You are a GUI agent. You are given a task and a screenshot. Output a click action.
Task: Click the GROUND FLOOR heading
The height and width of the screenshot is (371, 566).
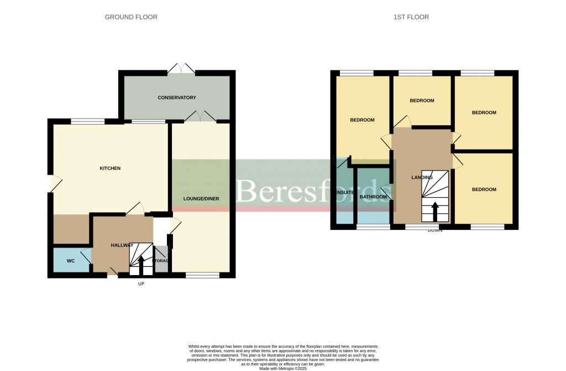[131, 17]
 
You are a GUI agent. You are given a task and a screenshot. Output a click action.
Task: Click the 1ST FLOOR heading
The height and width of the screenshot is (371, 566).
[411, 17]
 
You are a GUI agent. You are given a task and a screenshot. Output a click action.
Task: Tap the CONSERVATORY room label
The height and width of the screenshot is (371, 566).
[177, 98]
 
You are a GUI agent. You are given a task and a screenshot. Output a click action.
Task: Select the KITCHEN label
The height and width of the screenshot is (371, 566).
[110, 168]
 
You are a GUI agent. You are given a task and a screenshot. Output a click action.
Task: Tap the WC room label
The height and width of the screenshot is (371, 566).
[71, 260]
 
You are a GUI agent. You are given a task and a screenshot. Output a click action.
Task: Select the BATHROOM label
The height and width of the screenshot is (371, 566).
[373, 197]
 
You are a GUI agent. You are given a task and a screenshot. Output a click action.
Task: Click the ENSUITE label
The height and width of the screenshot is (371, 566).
[344, 193]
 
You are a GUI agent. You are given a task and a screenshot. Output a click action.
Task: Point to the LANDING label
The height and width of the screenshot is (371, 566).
[422, 178]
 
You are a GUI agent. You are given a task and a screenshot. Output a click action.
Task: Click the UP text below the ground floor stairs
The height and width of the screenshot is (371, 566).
[141, 284]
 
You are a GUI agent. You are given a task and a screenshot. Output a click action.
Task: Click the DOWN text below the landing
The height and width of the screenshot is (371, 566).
[434, 230]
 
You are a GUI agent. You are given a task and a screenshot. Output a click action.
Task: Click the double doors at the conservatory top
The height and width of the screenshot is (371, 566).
[181, 69]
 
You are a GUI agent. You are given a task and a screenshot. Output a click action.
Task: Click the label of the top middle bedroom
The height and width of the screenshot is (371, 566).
[422, 101]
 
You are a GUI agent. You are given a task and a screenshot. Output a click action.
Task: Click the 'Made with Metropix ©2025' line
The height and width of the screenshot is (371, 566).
[282, 368]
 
